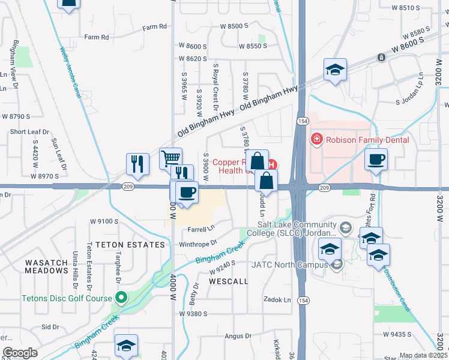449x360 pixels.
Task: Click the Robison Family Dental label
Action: click(x=367, y=140)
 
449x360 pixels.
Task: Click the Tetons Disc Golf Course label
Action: click(x=67, y=298)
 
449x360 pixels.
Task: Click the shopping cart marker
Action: click(x=171, y=158)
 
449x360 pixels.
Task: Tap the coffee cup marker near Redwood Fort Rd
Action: click(x=376, y=160)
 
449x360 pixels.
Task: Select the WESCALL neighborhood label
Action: click(x=228, y=281)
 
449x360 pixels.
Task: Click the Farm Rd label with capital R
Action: click(x=154, y=27)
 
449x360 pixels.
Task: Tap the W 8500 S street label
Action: click(x=234, y=26)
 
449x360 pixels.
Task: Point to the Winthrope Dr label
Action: click(x=197, y=244)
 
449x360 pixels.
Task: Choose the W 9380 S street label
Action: click(x=193, y=313)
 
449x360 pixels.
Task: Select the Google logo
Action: click(x=20, y=353)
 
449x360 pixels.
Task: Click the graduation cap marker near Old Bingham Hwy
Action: click(x=335, y=70)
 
